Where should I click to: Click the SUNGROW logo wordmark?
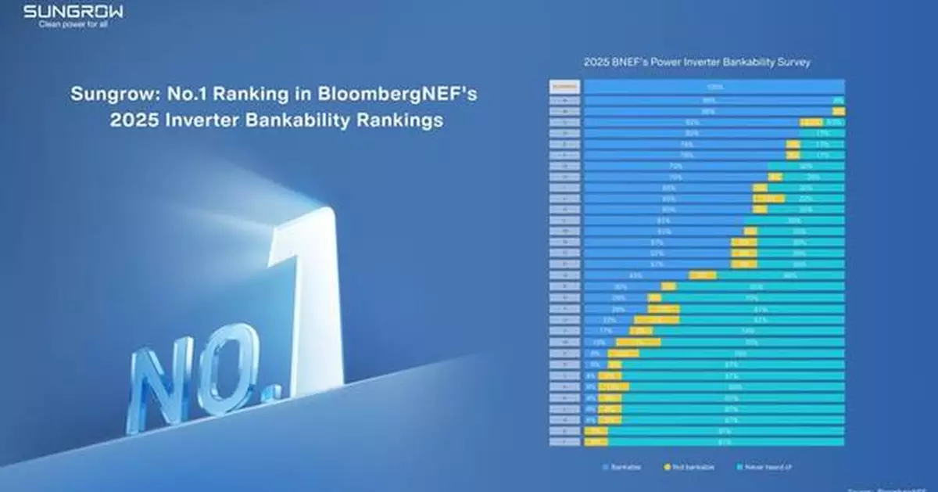coord(73,12)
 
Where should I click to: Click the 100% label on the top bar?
coord(713,87)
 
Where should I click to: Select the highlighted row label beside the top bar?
coord(565,87)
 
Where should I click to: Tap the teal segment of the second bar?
coord(839,100)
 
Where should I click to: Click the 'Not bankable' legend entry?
coord(686,468)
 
